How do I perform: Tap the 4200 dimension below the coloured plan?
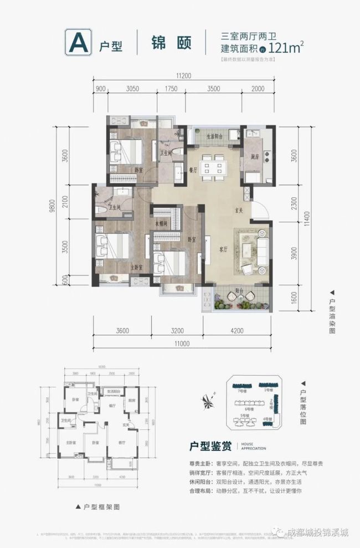pyautogui.click(x=236, y=331)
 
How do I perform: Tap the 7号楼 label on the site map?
pyautogui.click(x=241, y=391)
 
